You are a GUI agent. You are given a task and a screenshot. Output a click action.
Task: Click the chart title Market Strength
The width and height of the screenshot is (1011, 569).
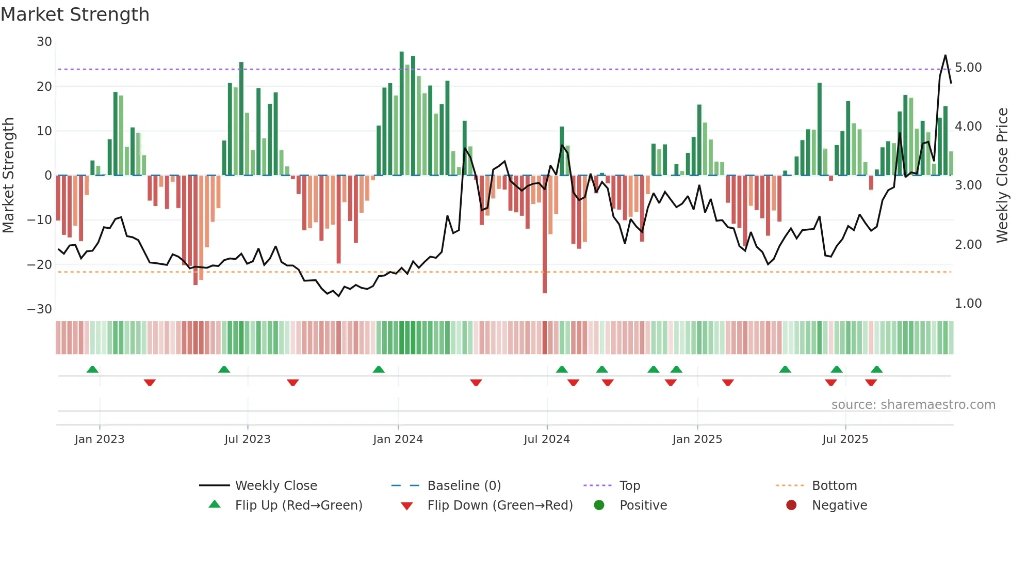pos(75,14)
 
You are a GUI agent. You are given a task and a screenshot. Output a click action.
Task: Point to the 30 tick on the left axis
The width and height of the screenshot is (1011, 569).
pos(44,42)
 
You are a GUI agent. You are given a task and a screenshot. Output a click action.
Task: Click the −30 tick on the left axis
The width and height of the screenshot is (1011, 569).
pos(40,309)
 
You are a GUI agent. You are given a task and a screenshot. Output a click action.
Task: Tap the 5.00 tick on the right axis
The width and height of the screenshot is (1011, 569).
pos(968,68)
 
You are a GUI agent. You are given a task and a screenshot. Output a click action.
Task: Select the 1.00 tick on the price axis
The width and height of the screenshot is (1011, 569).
pos(968,304)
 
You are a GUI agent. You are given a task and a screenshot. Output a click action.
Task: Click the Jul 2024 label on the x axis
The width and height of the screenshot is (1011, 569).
pos(547,439)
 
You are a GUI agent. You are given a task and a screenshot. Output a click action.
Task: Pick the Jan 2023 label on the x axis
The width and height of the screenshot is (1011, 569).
pos(100,439)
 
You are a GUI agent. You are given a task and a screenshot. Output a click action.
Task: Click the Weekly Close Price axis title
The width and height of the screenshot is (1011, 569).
pos(1002,176)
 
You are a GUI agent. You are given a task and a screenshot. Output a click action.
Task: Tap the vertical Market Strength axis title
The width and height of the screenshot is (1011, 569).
pos(8,176)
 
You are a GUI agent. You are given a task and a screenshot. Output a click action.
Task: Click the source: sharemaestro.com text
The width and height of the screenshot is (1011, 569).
pos(913,405)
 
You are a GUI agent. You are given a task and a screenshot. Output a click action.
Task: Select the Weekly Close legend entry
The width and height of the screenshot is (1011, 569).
pos(276,486)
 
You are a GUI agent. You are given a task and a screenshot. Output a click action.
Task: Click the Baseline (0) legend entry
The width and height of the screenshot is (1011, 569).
pos(464,486)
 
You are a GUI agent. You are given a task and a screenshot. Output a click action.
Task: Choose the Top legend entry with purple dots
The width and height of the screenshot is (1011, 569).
pos(629,486)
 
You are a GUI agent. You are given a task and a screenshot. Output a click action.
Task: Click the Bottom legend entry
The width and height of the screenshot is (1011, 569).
pos(834,486)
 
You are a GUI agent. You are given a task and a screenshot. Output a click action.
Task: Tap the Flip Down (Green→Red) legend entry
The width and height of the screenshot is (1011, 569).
pos(499,505)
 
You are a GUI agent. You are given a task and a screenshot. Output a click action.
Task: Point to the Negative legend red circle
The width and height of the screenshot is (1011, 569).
pos(791,505)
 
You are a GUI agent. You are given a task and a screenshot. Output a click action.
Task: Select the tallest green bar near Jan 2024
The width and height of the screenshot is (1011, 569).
pos(402,114)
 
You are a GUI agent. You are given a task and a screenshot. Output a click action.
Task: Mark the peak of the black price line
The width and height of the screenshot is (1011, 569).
pos(945,55)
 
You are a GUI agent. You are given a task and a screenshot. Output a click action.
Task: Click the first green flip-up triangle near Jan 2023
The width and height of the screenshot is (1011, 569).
pos(92,370)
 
